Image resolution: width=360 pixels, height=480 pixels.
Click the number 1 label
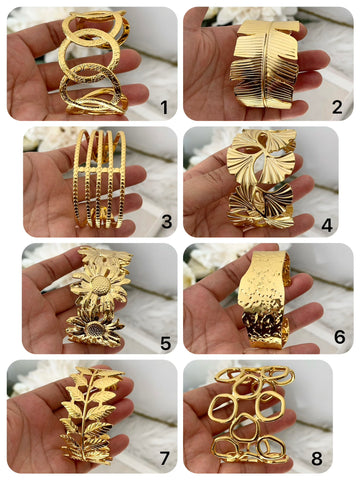[164, 107]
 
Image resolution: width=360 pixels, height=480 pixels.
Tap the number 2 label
[337, 107]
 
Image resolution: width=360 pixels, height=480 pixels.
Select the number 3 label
[167, 222]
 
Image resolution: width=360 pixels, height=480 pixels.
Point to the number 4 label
[327, 225]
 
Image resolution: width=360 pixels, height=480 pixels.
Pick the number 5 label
[166, 342]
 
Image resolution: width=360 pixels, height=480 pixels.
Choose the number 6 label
[339, 337]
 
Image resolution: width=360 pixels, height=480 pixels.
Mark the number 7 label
[164, 458]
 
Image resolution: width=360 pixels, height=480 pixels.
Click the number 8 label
[317, 458]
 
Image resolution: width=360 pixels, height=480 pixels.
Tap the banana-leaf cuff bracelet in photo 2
[265, 63]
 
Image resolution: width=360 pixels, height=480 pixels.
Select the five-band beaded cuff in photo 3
[99, 179]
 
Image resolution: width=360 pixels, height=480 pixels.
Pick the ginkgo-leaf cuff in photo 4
[262, 178]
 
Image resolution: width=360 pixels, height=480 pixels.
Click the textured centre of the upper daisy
[101, 284]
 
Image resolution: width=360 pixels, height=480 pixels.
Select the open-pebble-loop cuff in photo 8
[252, 415]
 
